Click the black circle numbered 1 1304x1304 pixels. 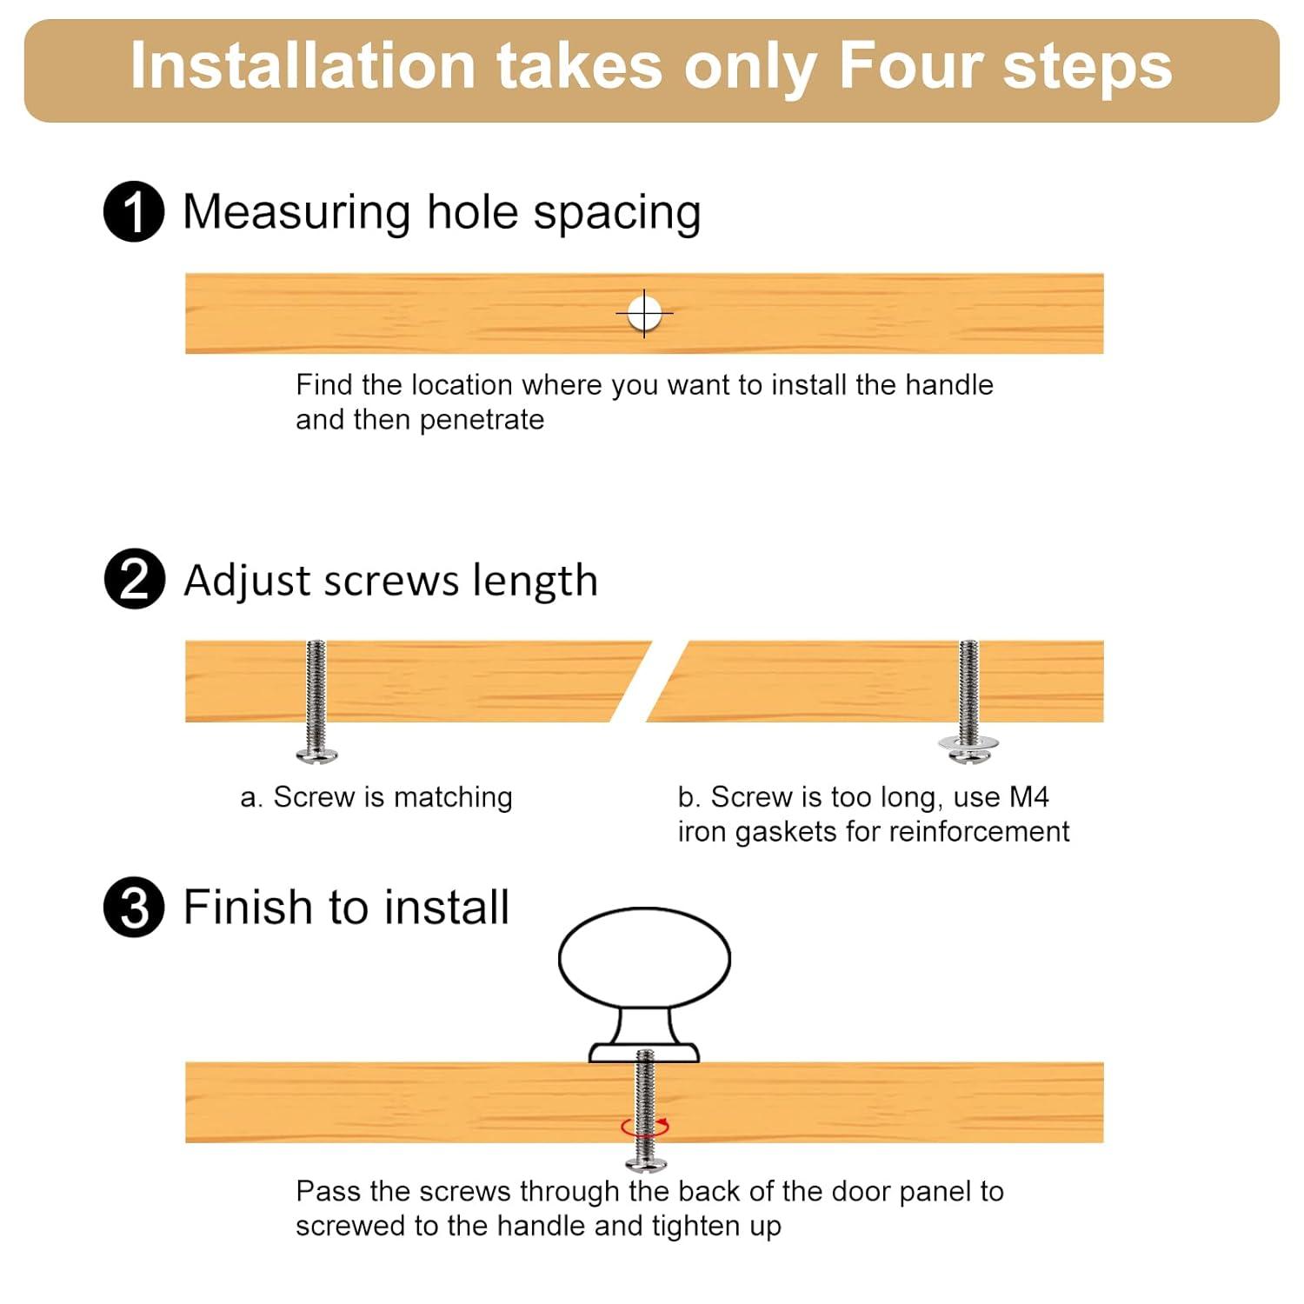134,211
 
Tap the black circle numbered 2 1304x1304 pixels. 134,579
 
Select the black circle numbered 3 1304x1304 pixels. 134,907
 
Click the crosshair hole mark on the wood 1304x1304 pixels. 644,313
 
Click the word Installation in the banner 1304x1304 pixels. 303,66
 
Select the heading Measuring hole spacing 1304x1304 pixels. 442,212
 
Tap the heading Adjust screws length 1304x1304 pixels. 391,580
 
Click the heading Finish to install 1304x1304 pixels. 346,907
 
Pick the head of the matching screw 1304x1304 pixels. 316,755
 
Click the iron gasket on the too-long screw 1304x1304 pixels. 968,743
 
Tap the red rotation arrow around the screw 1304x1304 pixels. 645,1128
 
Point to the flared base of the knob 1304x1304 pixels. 644,1052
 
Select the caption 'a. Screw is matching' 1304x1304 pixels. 376,797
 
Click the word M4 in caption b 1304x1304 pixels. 1029,796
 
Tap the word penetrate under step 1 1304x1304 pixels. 482,420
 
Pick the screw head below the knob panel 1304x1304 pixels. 646,1163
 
